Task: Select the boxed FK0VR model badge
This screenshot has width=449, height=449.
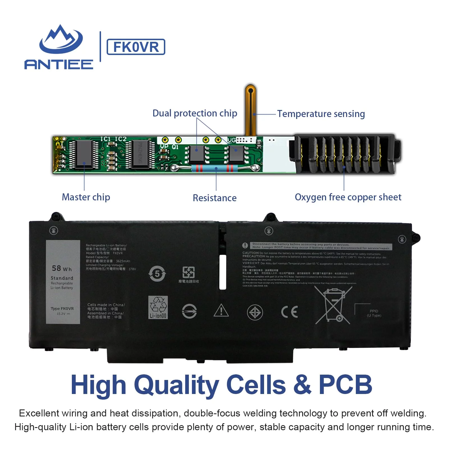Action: (x=136, y=47)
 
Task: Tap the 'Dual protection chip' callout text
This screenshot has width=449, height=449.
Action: (x=195, y=113)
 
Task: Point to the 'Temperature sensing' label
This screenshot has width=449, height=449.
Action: (x=321, y=114)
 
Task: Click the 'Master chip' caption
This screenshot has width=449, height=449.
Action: (x=86, y=197)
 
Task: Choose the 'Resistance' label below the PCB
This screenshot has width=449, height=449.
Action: (x=214, y=198)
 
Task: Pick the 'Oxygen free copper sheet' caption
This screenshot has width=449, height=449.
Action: (x=348, y=197)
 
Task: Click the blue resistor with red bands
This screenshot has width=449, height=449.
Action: (x=215, y=168)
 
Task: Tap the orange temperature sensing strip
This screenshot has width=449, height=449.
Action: (x=250, y=109)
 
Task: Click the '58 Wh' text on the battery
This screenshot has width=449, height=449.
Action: (x=62, y=269)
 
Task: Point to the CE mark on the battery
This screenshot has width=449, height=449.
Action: (x=289, y=312)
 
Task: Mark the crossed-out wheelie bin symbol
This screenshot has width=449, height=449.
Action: (x=333, y=305)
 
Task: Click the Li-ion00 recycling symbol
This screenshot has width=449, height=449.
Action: (x=158, y=307)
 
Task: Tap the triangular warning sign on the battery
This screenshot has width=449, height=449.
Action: (x=221, y=310)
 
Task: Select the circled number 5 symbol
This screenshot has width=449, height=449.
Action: (x=157, y=274)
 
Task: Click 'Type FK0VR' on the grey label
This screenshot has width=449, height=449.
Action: (x=62, y=308)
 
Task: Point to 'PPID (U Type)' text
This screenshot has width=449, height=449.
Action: (x=374, y=313)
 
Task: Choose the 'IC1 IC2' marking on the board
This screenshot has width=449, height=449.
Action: (x=113, y=139)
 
